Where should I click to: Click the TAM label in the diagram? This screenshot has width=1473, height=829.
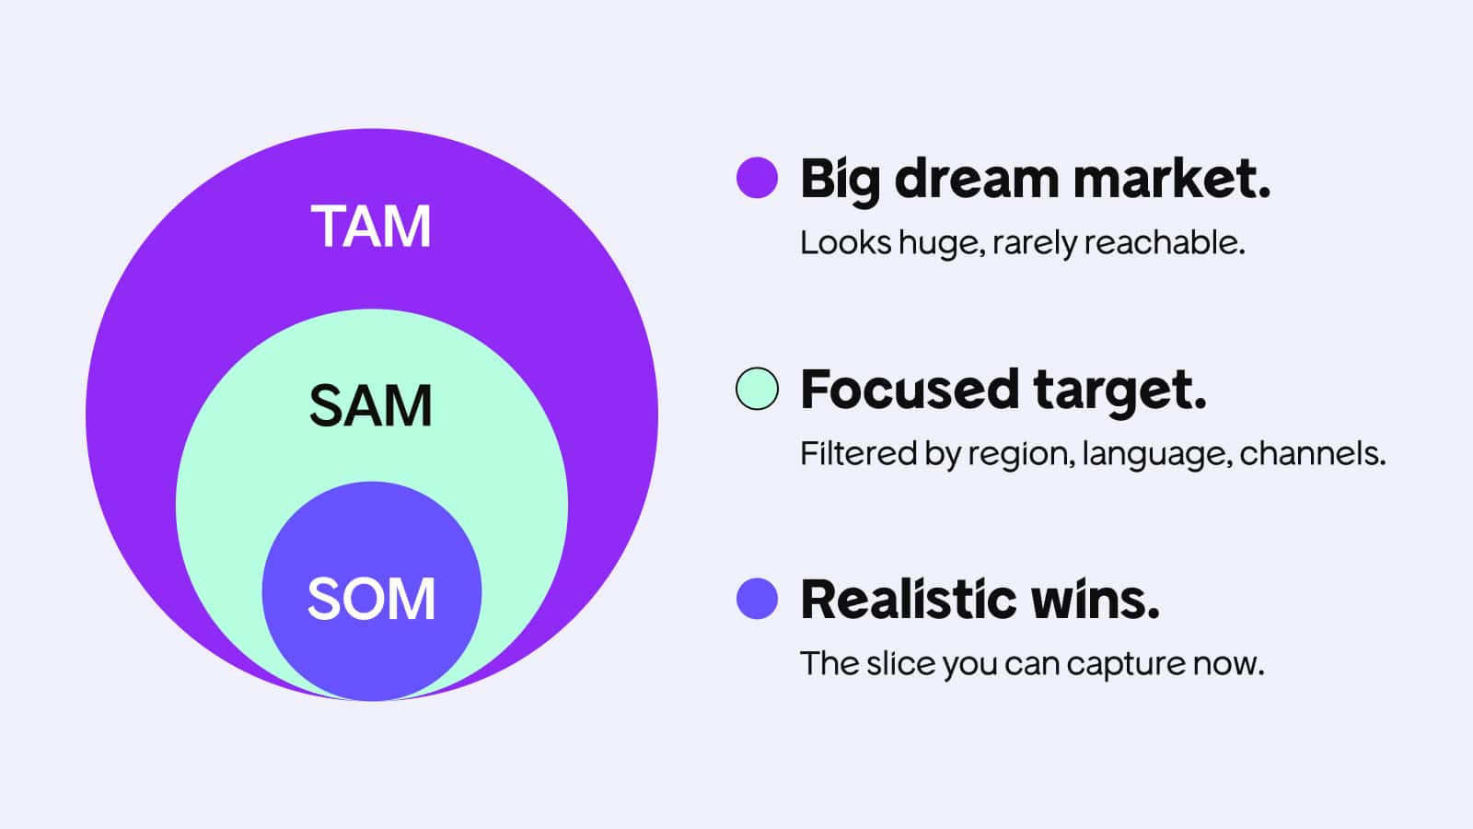pyautogui.click(x=371, y=226)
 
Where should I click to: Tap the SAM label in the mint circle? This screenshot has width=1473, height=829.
pyautogui.click(x=371, y=405)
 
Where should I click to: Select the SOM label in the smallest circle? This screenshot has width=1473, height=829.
pyautogui.click(x=371, y=598)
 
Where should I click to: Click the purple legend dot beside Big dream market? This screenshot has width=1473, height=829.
pyautogui.click(x=757, y=178)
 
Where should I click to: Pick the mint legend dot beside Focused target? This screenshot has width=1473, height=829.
pyautogui.click(x=757, y=388)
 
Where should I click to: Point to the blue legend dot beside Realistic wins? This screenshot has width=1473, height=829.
pyautogui.click(x=757, y=599)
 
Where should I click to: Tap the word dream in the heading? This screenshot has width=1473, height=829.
pyautogui.click(x=977, y=179)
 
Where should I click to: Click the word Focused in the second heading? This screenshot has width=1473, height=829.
pyautogui.click(x=910, y=389)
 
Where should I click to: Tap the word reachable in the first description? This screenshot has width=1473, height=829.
pyautogui.click(x=1165, y=242)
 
